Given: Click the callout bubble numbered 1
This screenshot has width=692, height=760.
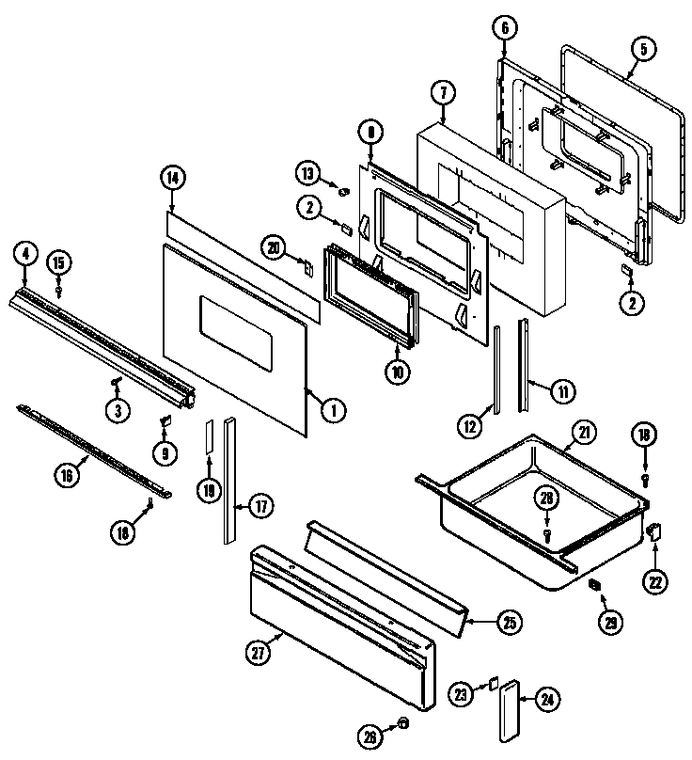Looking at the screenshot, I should pos(331,409).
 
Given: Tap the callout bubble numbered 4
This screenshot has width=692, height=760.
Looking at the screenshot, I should pos(25,253).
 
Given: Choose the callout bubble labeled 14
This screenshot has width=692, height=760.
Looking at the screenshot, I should pos(172,175).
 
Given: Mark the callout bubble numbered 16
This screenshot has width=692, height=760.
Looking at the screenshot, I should pos(65,475).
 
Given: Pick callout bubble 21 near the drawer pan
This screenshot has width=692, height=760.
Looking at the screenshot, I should pos(585,434).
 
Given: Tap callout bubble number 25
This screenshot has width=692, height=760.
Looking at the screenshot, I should pos(509,621).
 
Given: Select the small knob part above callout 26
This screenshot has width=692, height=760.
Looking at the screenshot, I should pos(403,722).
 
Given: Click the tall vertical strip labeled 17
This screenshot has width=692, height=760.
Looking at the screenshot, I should pos(229,480).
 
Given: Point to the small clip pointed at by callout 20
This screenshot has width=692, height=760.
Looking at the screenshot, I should pos(306,266).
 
